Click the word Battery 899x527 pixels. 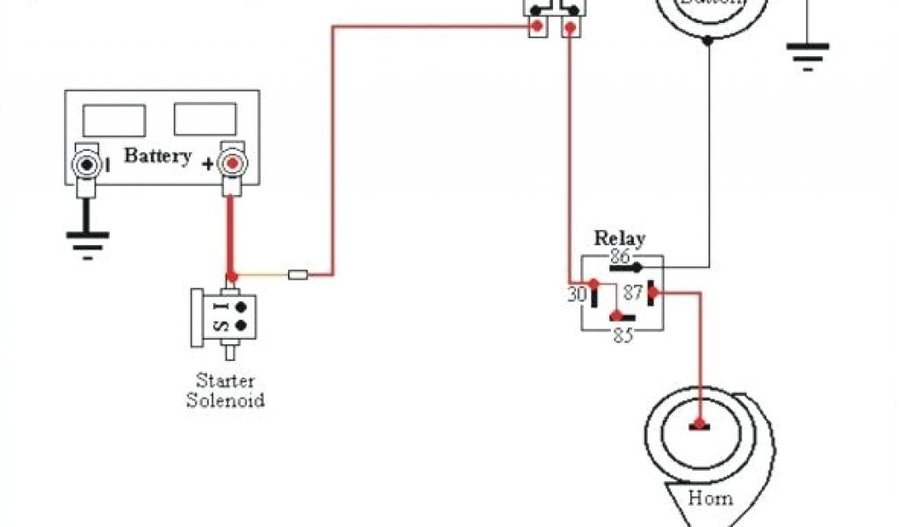click(x=158, y=156)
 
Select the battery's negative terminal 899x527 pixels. click(x=87, y=164)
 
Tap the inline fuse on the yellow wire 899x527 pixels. click(x=298, y=275)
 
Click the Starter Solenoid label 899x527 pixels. click(x=226, y=391)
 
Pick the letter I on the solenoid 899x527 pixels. click(x=219, y=307)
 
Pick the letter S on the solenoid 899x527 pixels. click(x=219, y=326)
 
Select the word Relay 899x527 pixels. click(x=620, y=237)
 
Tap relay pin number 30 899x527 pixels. click(x=576, y=295)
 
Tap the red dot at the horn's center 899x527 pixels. click(x=699, y=425)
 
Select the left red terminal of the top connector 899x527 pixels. click(x=535, y=28)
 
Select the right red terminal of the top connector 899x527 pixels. click(x=570, y=28)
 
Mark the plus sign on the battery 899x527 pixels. click(x=207, y=164)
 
